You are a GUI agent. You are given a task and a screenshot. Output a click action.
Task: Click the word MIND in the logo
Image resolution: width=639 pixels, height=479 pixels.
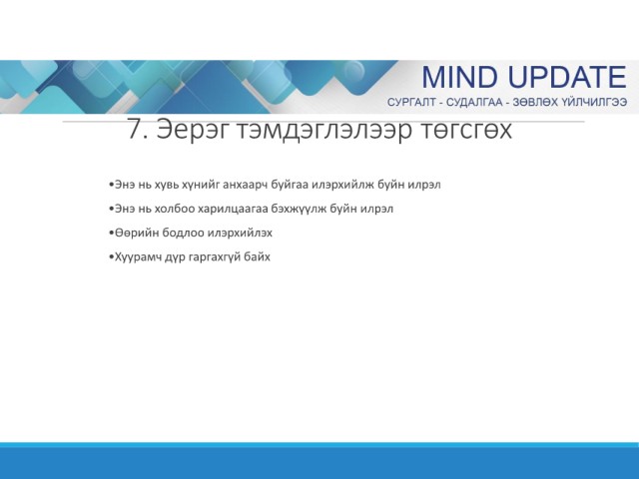pyautogui.click(x=459, y=77)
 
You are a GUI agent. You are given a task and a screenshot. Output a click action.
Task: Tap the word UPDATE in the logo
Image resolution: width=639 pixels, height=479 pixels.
pyautogui.click(x=568, y=77)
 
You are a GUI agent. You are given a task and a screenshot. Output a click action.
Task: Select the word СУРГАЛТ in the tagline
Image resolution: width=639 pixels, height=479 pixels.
pyautogui.click(x=411, y=102)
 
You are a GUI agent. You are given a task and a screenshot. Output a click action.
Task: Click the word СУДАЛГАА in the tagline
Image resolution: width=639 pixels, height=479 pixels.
pyautogui.click(x=474, y=102)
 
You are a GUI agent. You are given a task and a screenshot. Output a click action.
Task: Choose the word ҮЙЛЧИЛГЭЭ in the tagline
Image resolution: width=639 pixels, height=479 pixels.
pyautogui.click(x=594, y=102)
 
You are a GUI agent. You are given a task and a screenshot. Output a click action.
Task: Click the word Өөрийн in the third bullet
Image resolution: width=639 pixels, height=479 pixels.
pyautogui.click(x=137, y=233)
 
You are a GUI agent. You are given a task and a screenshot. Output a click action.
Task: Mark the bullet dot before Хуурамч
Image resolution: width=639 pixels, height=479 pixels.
pyautogui.click(x=111, y=257)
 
